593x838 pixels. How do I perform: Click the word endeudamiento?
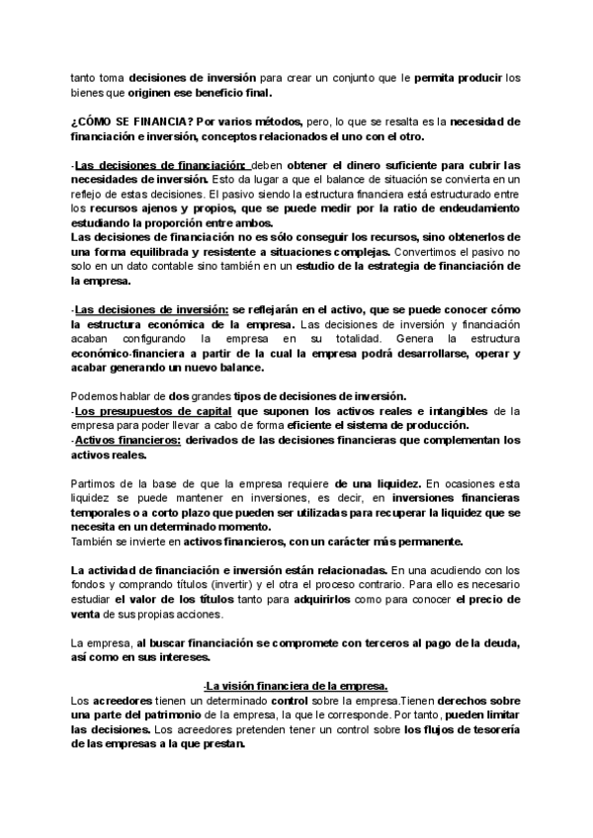[x=477, y=209]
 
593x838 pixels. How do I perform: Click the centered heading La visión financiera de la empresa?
[x=296, y=687]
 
